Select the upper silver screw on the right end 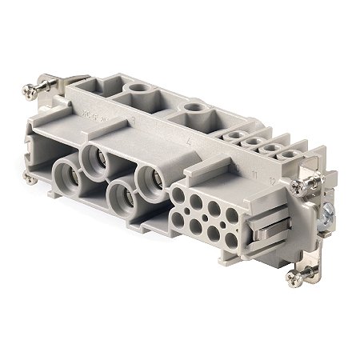point(298,186)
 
